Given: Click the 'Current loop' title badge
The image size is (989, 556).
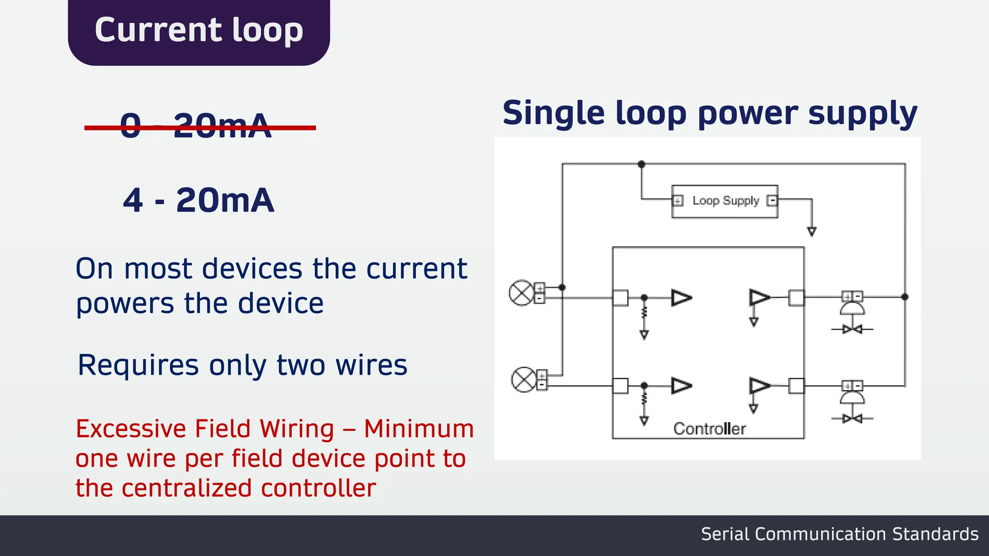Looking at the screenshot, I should pyautogui.click(x=198, y=31).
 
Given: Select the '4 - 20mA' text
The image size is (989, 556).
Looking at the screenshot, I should pyautogui.click(x=198, y=200).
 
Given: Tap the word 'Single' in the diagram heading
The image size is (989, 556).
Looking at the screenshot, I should pyautogui.click(x=553, y=113).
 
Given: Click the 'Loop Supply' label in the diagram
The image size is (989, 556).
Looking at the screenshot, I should pyautogui.click(x=725, y=201).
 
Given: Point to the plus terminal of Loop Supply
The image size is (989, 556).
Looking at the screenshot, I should pyautogui.click(x=678, y=201).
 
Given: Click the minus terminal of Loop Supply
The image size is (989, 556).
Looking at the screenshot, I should pyautogui.click(x=772, y=200).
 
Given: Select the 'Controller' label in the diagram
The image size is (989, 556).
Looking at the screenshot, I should pyautogui.click(x=709, y=429).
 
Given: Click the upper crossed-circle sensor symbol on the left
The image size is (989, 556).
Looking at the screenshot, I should pyautogui.click(x=521, y=293).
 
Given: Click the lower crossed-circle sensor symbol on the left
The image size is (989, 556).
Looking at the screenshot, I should pyautogui.click(x=523, y=380).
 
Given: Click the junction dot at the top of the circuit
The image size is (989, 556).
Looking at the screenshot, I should pyautogui.click(x=641, y=165).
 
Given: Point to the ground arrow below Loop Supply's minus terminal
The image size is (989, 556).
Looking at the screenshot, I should pyautogui.click(x=812, y=232).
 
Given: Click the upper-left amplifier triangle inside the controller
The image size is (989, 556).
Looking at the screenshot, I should pyautogui.click(x=681, y=298).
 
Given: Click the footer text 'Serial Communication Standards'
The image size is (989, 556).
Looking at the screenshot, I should pyautogui.click(x=839, y=534).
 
